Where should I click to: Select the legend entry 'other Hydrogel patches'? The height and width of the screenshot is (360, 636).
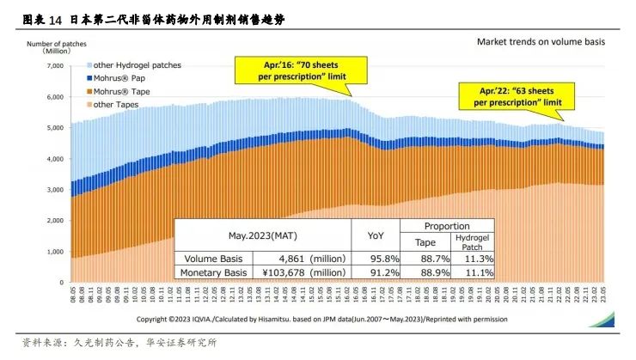click(138, 65)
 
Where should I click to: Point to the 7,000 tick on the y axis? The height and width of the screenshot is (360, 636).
click(53, 65)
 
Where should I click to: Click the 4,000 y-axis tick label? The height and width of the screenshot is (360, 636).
click(53, 158)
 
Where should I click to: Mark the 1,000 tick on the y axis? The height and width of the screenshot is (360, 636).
click(53, 251)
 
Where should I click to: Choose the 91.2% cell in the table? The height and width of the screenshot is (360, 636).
click(377, 272)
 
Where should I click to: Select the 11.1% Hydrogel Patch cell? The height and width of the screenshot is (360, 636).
click(472, 272)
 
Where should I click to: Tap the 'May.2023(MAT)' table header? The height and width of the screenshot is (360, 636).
click(263, 235)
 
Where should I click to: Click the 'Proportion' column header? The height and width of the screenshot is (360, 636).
click(447, 225)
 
